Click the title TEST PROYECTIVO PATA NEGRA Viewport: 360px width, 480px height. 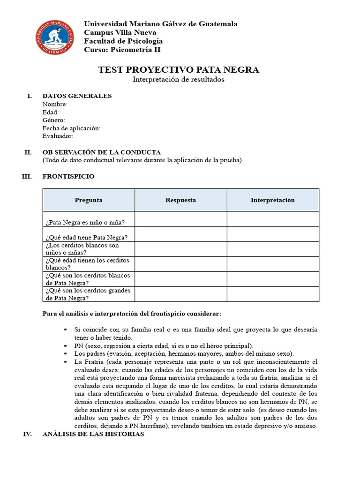click(179, 70)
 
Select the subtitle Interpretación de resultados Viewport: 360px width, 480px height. click(179, 80)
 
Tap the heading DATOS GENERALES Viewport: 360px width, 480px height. click(77, 96)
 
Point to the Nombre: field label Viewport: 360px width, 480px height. click(55, 104)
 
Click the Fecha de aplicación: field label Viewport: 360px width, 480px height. click(71, 128)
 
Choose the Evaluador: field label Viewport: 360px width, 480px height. click(58, 136)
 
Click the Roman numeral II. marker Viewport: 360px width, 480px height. click(28, 152)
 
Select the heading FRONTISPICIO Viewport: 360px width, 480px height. click(68, 176)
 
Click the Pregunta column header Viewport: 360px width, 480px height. click(89, 200)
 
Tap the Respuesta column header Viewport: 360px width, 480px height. click(180, 200)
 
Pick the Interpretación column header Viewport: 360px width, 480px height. click(273, 200)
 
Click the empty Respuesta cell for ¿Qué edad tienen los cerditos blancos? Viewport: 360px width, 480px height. click(180, 264)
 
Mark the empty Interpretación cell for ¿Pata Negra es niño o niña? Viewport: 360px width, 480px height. click(273, 219)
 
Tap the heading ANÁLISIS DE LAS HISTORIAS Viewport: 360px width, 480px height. click(93, 434)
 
